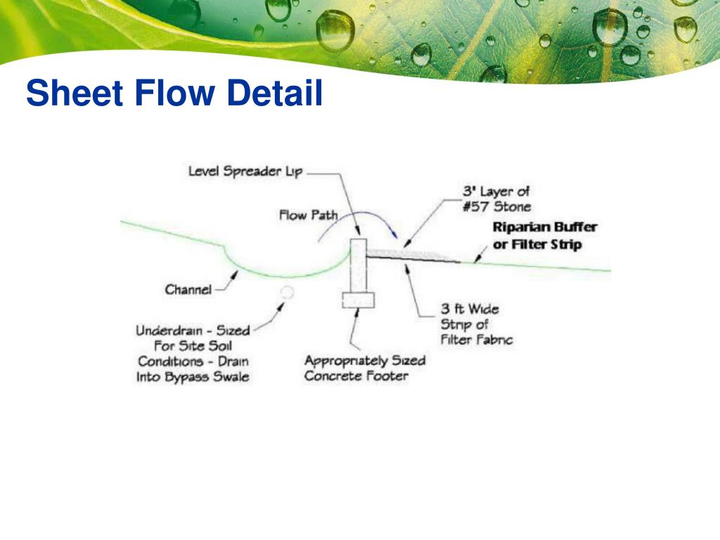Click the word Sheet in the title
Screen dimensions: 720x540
click(x=75, y=93)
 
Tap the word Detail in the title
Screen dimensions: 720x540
click(x=275, y=93)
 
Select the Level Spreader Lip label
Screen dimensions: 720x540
click(x=245, y=172)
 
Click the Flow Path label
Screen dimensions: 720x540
click(x=308, y=215)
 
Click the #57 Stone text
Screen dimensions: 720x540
click(x=497, y=207)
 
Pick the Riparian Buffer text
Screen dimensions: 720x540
click(x=545, y=227)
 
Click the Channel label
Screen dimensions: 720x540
click(x=188, y=290)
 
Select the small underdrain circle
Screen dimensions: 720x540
click(x=287, y=292)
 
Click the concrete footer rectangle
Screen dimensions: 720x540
click(x=358, y=300)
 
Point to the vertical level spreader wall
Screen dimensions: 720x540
click(x=358, y=265)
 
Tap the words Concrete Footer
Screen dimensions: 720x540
click(x=356, y=376)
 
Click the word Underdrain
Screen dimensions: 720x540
click(x=169, y=330)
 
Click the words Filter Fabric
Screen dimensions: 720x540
click(x=476, y=340)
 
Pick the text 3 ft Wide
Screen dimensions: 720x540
click(x=470, y=309)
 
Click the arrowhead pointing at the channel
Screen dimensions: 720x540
click(x=235, y=275)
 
